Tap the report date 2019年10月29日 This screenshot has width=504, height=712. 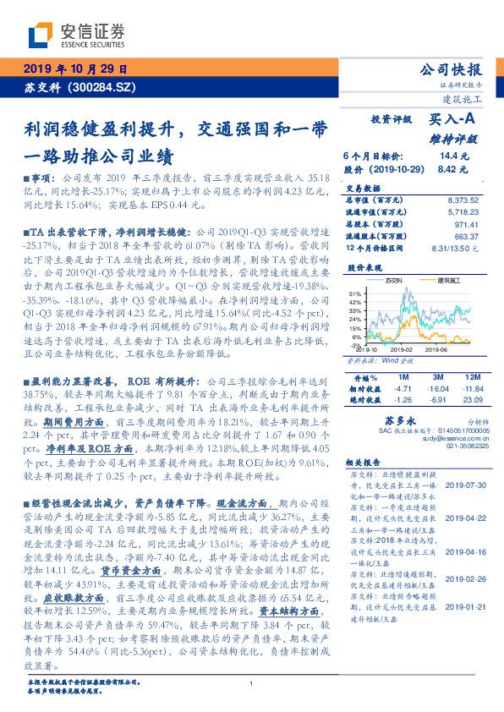tap(74, 68)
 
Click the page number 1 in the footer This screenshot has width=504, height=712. tap(252, 684)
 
